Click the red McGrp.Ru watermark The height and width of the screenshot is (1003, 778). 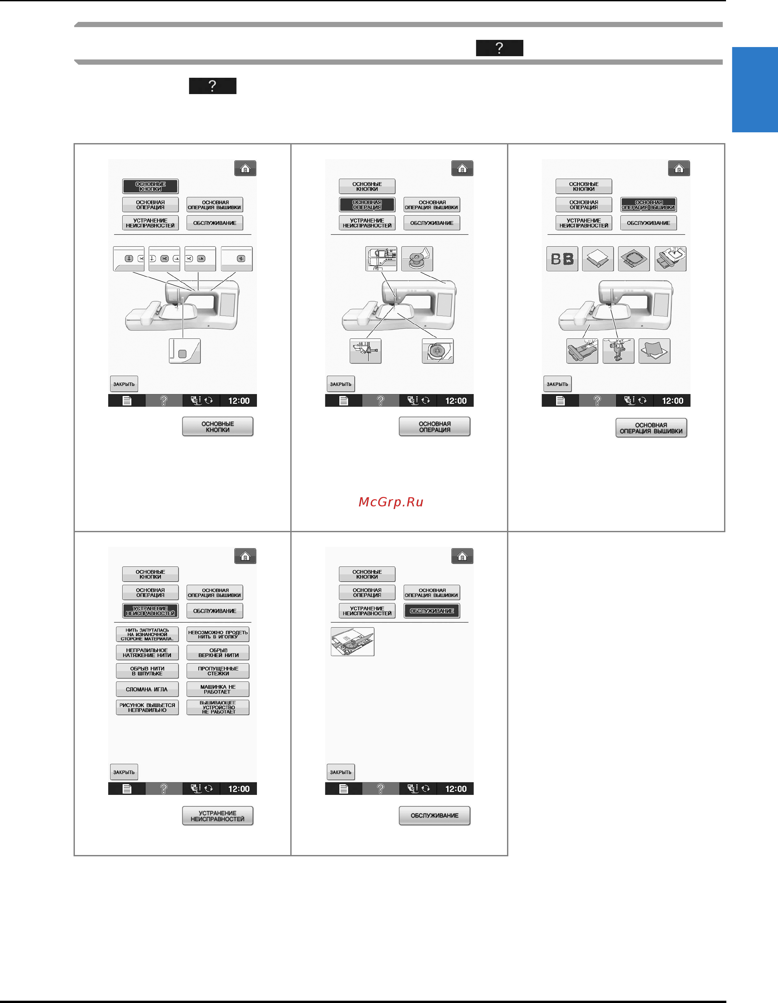391,502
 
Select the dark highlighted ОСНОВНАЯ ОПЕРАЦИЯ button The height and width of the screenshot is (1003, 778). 367,205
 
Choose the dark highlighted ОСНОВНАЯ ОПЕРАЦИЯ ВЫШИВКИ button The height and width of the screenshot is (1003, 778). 649,205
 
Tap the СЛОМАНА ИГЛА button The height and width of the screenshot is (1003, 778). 147,689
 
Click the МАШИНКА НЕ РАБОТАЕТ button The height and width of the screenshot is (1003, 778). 218,689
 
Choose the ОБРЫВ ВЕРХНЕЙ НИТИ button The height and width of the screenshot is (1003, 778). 218,652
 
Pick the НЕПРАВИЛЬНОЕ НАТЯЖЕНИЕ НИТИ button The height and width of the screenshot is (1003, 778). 147,652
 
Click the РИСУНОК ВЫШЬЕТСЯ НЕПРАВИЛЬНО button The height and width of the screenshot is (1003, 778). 147,708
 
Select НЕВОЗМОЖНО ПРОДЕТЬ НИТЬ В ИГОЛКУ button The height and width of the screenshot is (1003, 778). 218,634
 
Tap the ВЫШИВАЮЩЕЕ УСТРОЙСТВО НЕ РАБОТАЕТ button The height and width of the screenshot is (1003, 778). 218,708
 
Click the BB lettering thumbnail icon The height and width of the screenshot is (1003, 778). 562,258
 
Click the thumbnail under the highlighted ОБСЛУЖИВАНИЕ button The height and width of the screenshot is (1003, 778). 352,642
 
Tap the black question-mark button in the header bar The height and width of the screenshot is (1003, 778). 499,48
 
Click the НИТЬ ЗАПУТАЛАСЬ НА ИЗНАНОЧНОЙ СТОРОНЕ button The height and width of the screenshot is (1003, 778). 147,634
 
